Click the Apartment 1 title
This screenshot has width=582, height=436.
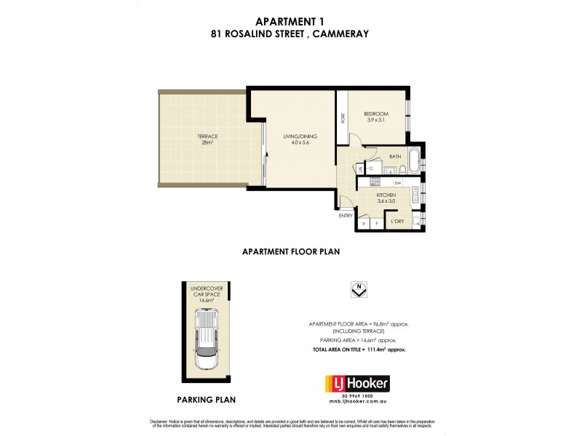pos(291,22)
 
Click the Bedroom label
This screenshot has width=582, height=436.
pos(375,116)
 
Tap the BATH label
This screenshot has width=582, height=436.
pos(395,157)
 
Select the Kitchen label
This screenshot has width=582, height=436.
pos(386,199)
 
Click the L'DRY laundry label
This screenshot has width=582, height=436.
pos(397,221)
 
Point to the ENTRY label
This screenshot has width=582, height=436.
pos(345,216)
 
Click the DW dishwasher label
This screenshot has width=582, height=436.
pos(398,182)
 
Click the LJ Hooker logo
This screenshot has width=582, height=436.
pos(356,383)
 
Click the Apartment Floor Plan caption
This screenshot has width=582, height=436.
pos(291,252)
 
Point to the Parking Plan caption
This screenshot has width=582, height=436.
pos(207,399)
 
